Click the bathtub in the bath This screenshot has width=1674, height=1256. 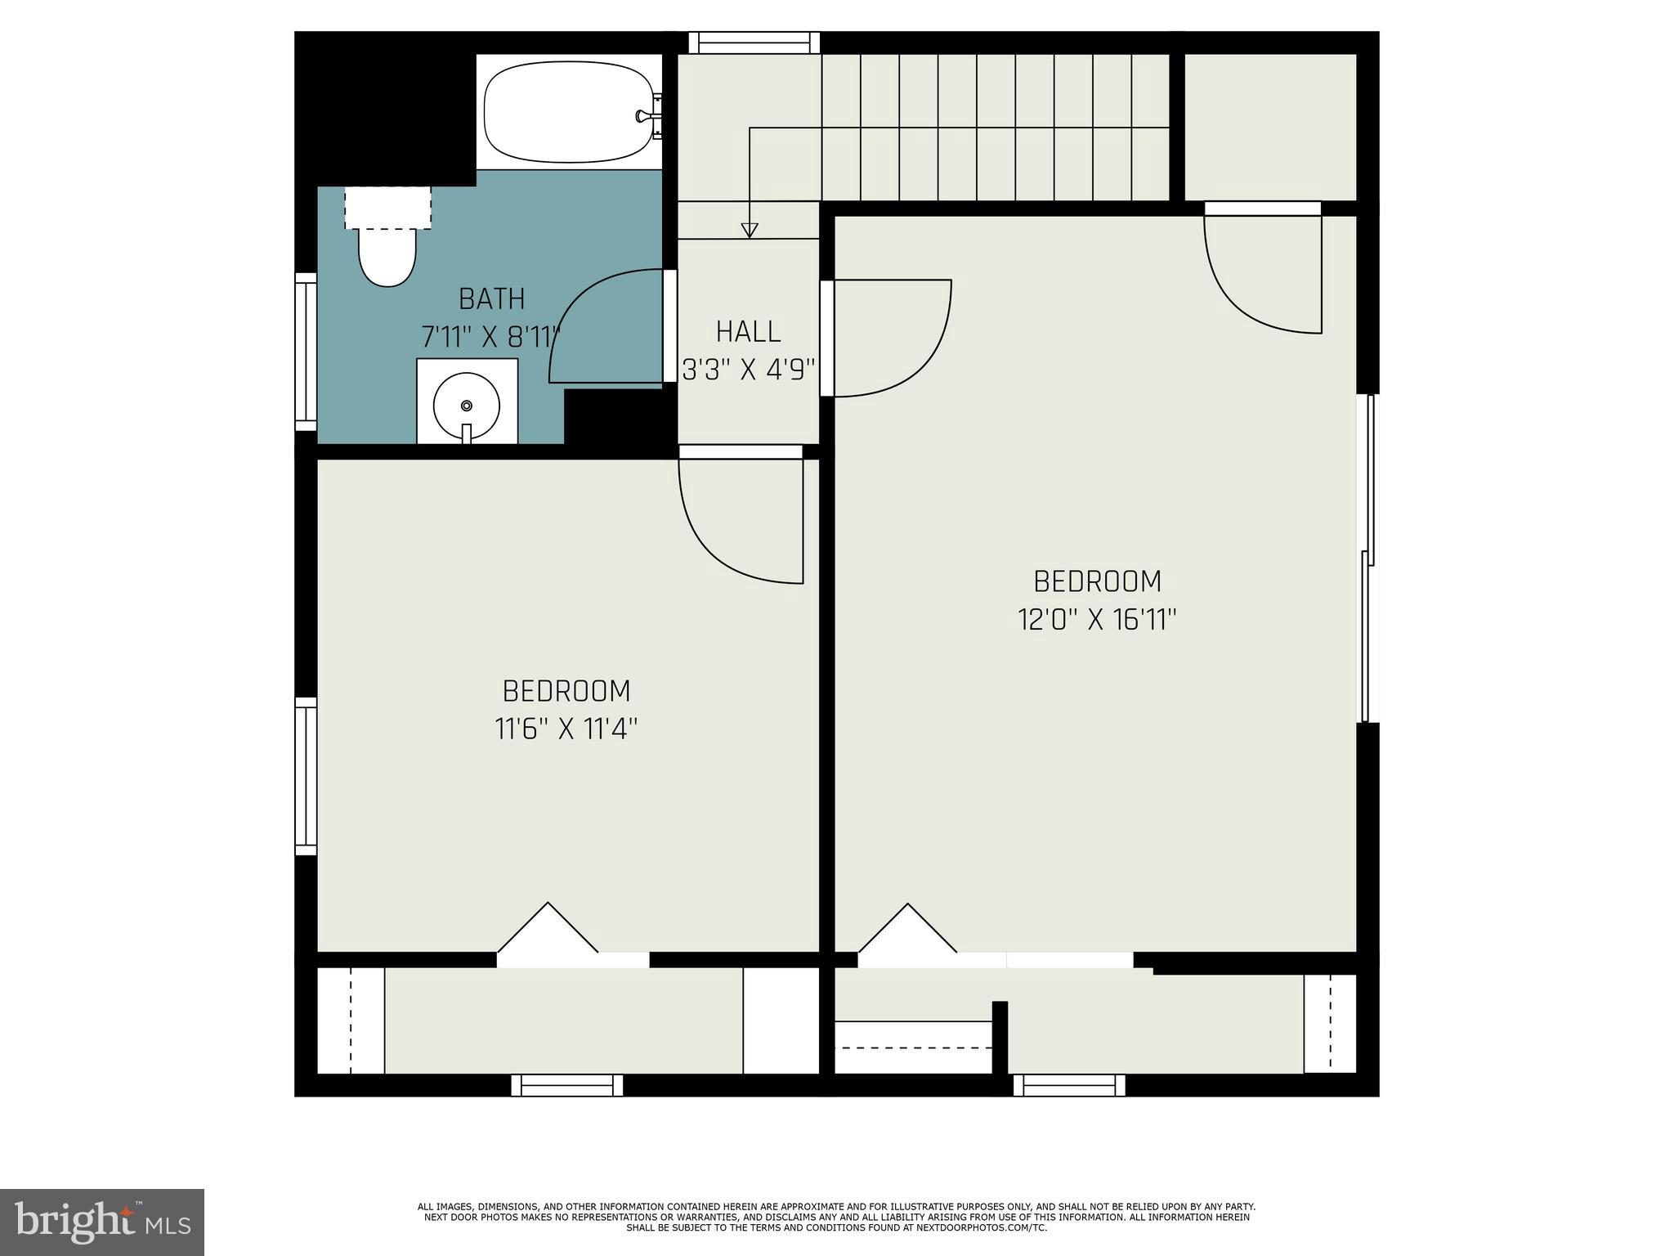coord(569,113)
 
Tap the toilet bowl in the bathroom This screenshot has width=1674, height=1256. coord(387,256)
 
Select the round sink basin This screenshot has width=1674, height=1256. coord(466,406)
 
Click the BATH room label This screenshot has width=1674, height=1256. coord(491,299)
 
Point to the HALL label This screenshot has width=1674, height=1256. coord(748,332)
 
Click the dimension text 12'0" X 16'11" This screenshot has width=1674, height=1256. coord(1097,620)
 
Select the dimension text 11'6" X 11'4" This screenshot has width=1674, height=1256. coord(566,729)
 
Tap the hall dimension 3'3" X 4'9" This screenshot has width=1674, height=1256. coord(749,371)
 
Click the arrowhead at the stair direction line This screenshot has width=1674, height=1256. coord(749,231)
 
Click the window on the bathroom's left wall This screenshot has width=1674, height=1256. coord(306,352)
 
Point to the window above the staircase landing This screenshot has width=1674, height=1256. coord(754,43)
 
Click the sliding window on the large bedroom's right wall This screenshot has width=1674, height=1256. coord(1367,558)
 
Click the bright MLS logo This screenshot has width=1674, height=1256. coord(101,1222)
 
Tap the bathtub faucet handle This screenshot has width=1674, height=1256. coord(647,116)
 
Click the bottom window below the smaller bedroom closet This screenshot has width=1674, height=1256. coord(567,1085)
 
